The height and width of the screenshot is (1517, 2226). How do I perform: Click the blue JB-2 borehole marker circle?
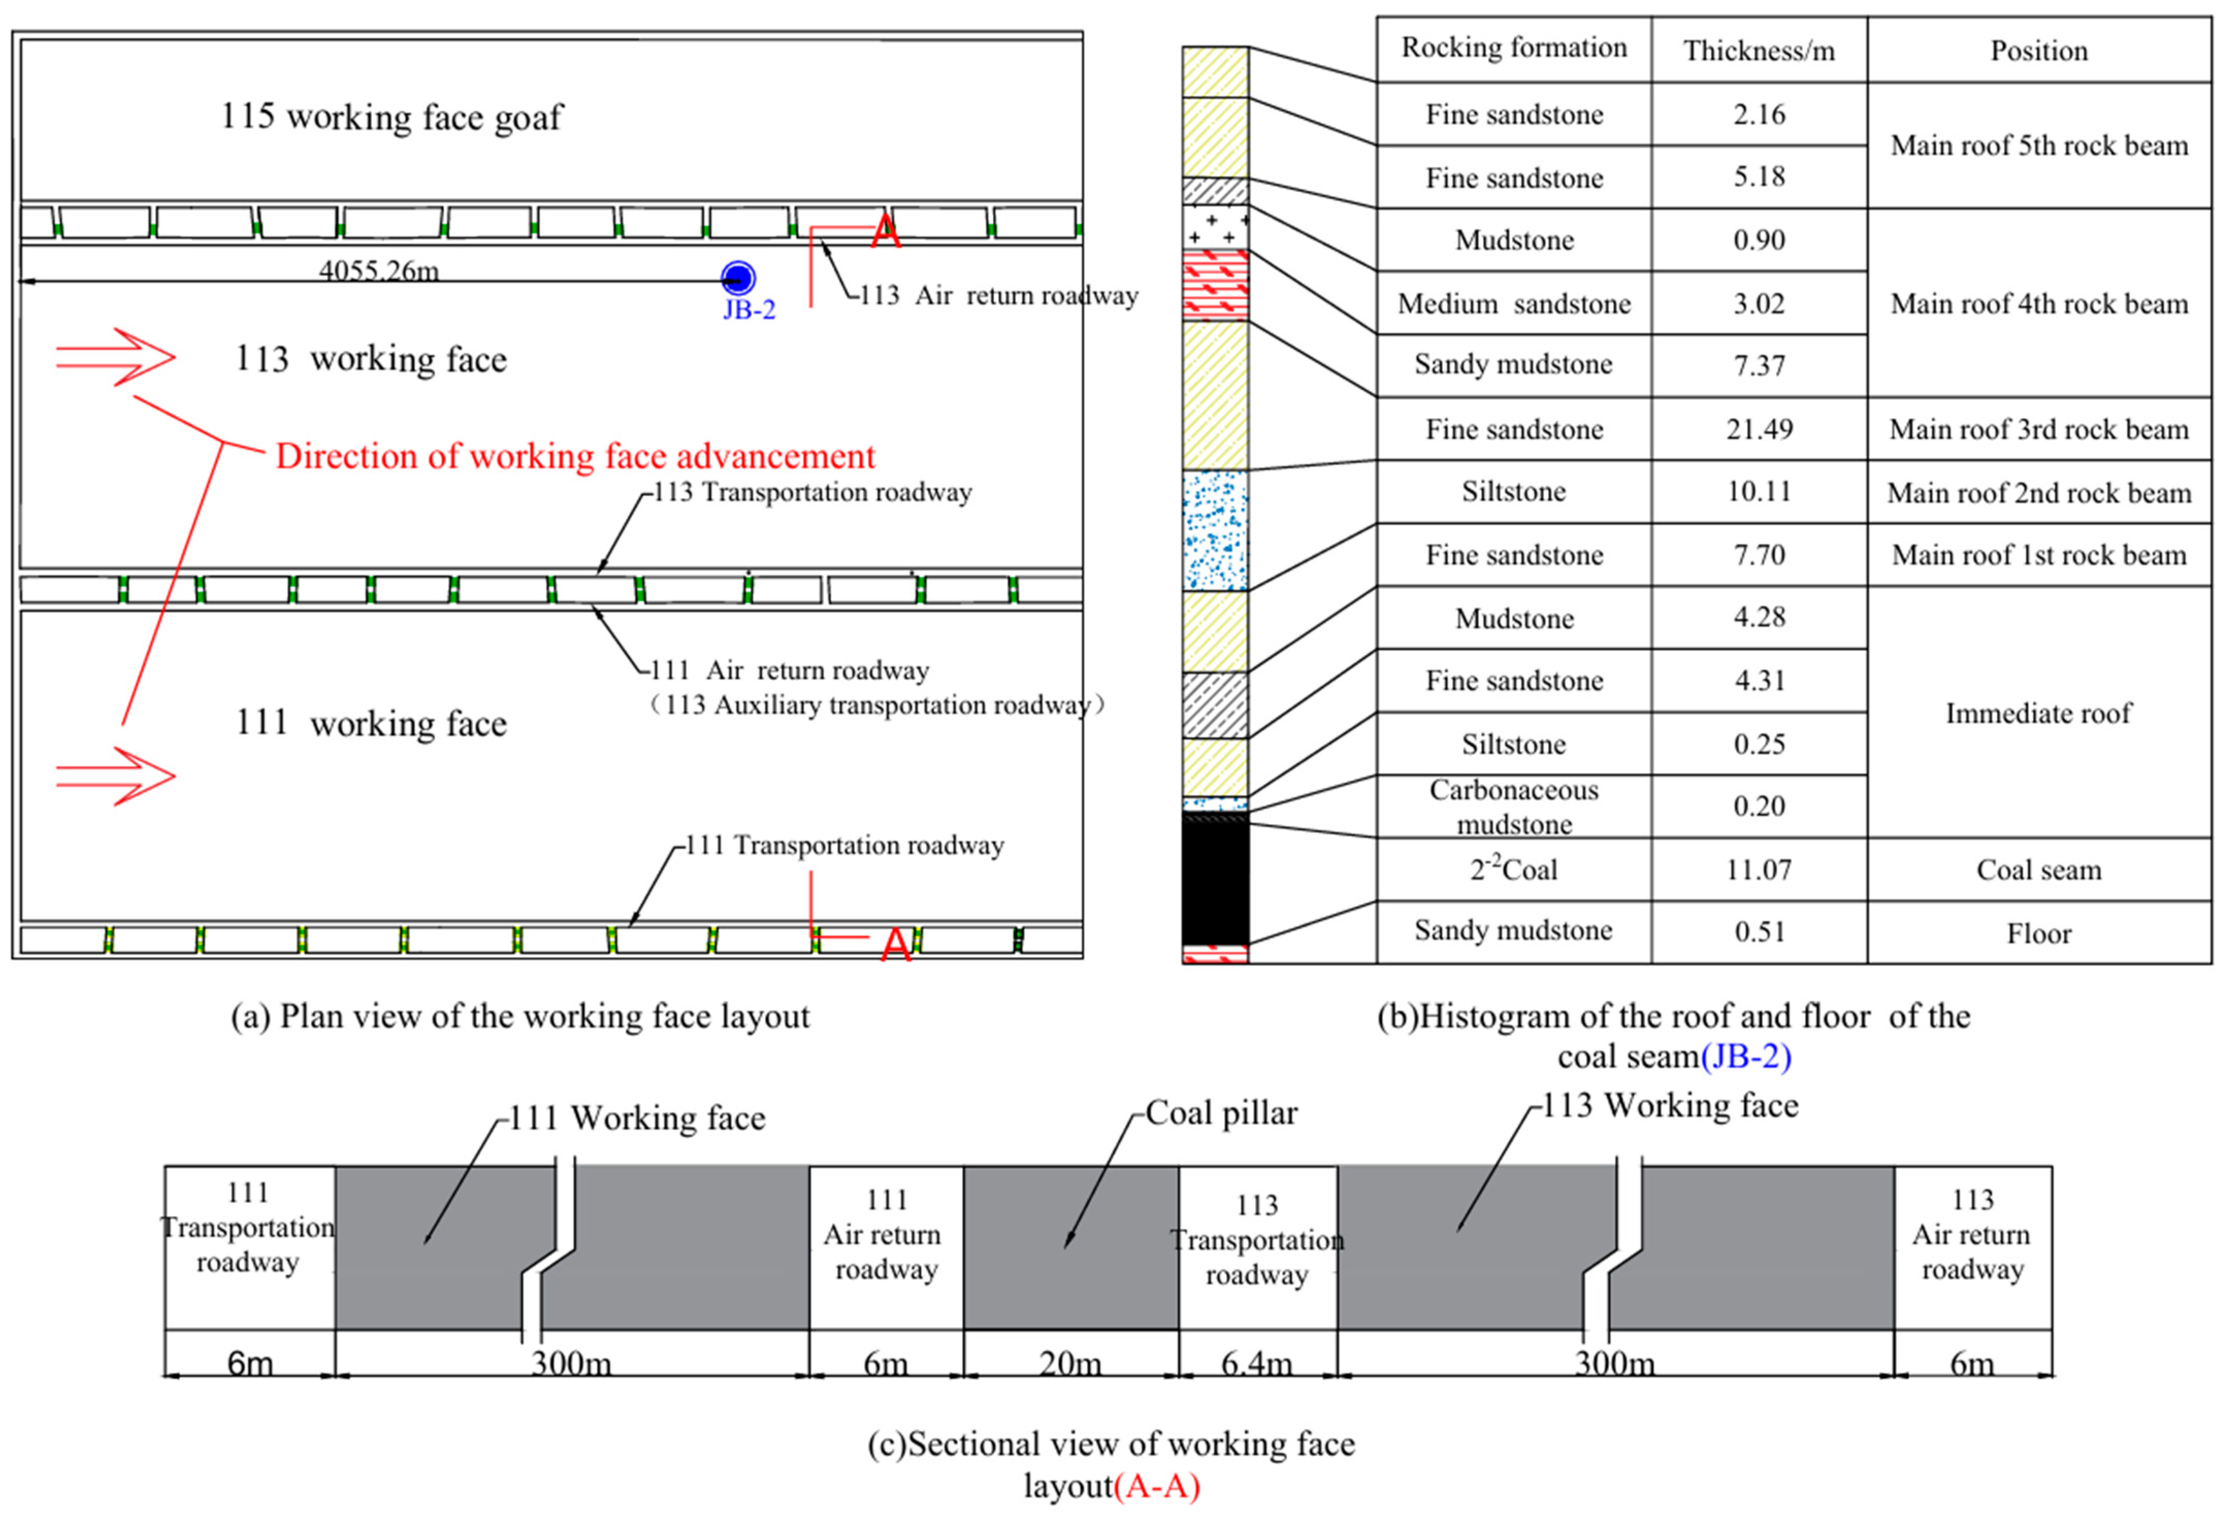[738, 279]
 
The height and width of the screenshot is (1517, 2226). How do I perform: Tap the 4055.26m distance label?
[379, 270]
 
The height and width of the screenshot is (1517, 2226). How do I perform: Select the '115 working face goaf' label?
[392, 117]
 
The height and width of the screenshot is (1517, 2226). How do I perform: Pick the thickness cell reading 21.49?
[1759, 429]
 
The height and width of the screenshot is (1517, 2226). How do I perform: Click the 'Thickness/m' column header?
[1759, 51]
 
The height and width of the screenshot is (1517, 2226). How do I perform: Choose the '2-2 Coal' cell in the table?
[1514, 870]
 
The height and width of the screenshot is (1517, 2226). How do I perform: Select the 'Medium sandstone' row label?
[1514, 304]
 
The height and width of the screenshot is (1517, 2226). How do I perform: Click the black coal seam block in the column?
[1214, 881]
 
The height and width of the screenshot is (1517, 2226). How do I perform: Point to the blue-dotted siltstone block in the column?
[1214, 530]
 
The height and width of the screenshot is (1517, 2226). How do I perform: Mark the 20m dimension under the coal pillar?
[1070, 1362]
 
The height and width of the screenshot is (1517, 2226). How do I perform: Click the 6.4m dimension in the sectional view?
[1257, 1362]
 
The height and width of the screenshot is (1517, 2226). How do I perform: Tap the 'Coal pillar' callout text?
[1221, 1113]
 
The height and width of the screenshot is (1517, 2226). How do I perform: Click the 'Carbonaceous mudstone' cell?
[1514, 806]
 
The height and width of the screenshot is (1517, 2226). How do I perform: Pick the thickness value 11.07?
[1759, 870]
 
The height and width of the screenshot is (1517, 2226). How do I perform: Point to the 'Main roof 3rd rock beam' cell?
[2038, 429]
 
